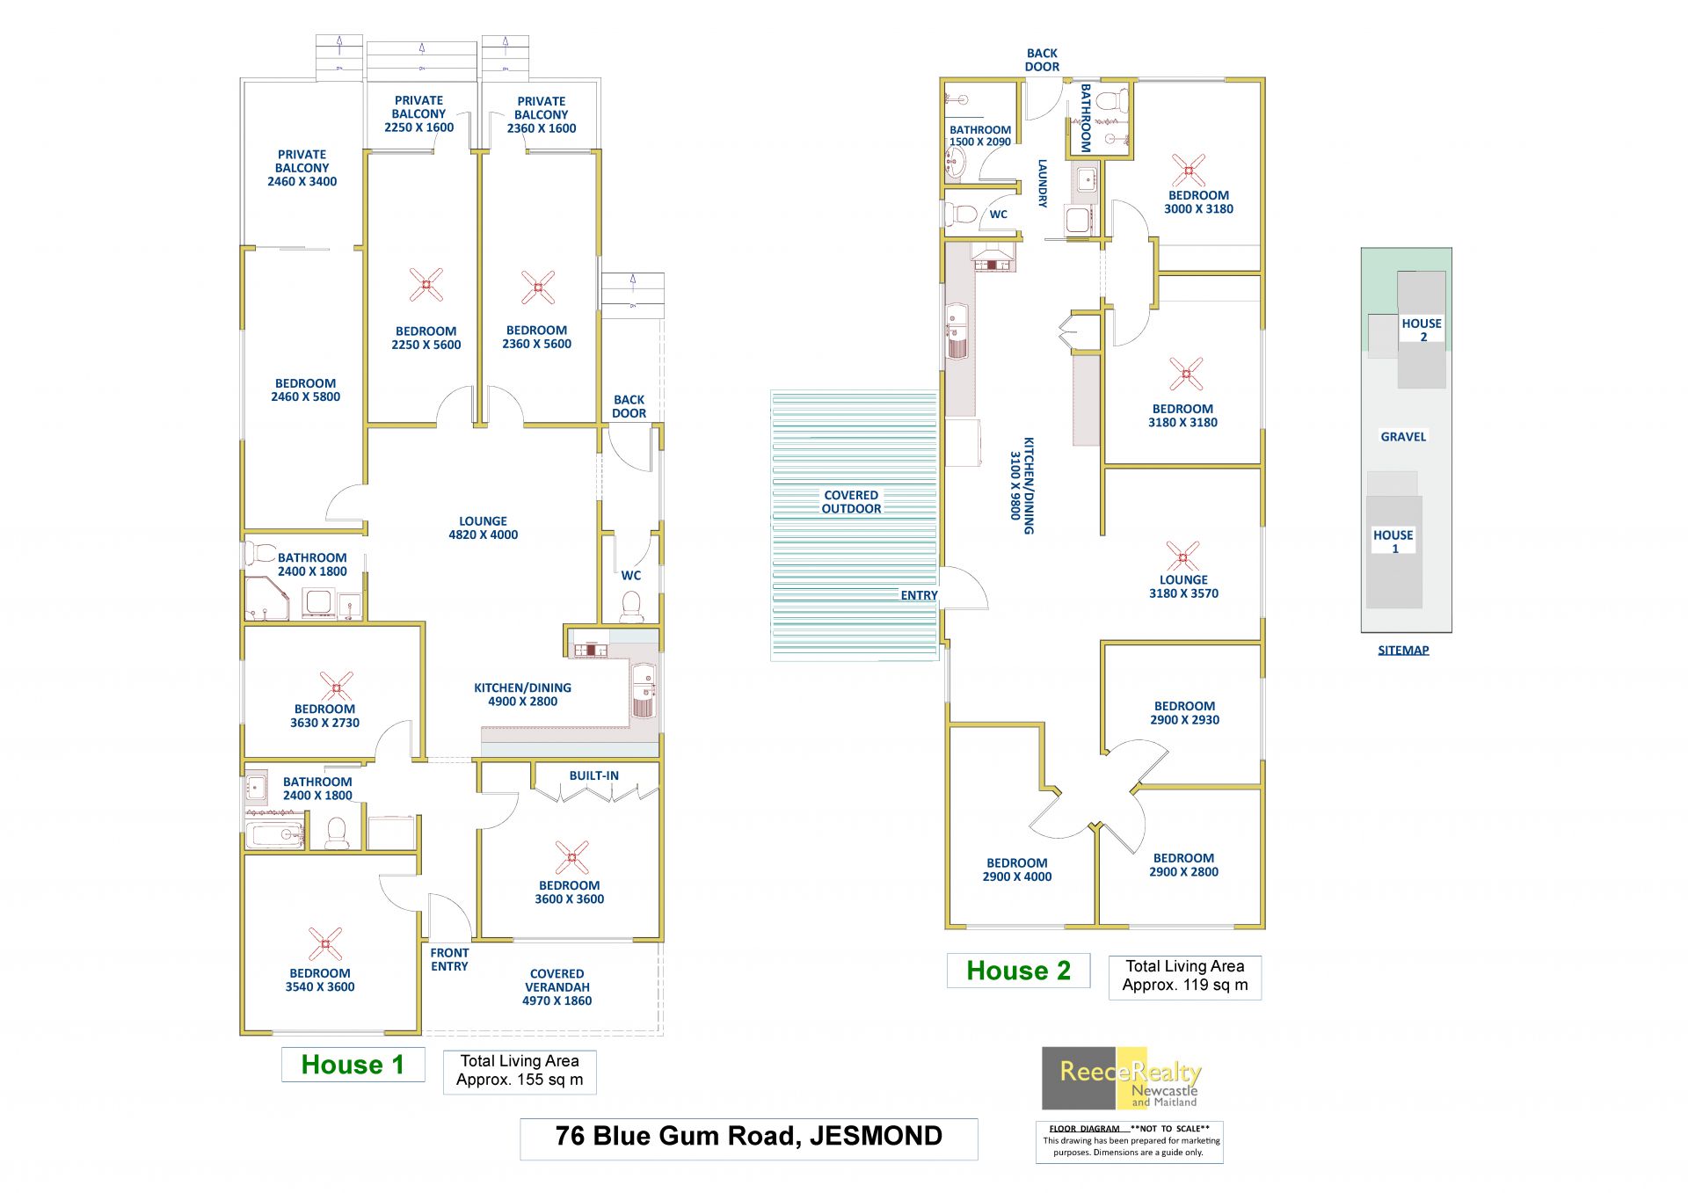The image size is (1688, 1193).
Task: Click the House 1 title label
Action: point(353,1065)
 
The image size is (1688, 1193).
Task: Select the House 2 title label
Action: point(1018,971)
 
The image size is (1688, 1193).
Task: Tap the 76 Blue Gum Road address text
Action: point(748,1136)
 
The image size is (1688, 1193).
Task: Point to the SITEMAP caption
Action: point(1403,651)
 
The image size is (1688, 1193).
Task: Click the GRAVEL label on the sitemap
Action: point(1403,437)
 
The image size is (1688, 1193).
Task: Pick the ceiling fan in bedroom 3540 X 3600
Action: point(325,943)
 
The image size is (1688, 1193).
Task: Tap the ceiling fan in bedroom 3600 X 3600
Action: point(572,857)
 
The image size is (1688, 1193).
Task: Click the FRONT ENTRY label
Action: point(449,959)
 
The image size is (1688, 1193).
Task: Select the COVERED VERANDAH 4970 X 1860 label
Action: point(557,987)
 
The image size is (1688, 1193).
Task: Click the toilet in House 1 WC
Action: point(631,607)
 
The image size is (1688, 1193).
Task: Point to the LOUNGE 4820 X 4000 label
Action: point(483,527)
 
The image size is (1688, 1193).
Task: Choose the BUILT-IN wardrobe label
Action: point(593,775)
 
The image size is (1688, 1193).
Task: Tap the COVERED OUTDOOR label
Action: point(851,502)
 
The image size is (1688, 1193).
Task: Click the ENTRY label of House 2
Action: point(919,595)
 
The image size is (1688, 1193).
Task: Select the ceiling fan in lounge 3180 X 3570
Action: point(1183,556)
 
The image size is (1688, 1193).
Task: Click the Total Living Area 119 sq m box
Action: point(1184,976)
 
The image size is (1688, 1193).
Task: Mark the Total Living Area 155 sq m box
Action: point(520,1071)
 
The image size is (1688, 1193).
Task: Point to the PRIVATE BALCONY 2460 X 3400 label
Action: point(302,168)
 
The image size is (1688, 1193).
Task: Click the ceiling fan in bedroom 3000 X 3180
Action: point(1188,170)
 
